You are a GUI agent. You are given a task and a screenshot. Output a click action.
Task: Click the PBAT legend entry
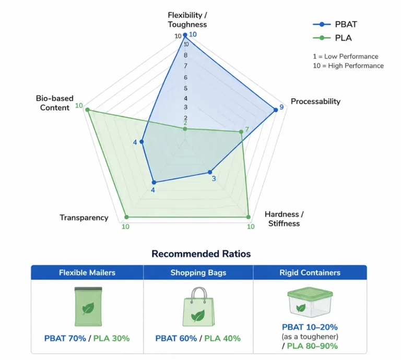click(334, 24)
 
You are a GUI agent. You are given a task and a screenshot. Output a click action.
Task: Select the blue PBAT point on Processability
click(275, 110)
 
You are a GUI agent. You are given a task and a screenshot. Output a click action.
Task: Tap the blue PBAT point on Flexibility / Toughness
click(185, 35)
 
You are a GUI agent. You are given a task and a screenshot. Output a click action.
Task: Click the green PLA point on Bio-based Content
click(87, 110)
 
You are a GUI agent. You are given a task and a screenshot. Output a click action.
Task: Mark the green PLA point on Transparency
click(125, 217)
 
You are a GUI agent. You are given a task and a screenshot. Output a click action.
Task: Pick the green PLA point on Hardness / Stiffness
click(248, 217)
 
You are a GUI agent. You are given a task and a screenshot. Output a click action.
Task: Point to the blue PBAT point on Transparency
click(154, 182)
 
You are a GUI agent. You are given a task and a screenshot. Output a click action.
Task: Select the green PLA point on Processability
click(241, 132)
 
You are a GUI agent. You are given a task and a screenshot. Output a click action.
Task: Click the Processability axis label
click(315, 101)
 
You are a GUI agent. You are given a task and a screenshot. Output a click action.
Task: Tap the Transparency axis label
click(84, 218)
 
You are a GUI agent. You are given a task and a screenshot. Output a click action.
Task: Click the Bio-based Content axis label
click(54, 103)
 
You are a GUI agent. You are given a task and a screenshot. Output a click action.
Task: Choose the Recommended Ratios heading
click(201, 254)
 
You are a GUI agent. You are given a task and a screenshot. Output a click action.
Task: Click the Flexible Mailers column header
click(87, 272)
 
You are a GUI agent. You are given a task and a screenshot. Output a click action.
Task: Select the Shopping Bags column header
click(198, 272)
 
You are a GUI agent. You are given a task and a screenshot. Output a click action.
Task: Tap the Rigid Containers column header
click(310, 272)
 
